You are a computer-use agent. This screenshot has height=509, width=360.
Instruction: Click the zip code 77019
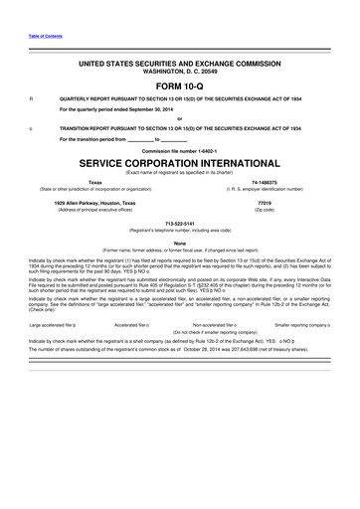coord(264,202)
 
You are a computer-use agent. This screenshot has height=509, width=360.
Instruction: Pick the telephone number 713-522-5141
coord(180,224)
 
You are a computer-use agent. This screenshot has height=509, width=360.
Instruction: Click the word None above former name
coord(180,243)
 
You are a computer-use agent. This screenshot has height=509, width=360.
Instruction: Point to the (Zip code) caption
coord(264,209)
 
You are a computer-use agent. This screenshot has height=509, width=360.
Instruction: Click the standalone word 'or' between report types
coord(180,118)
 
